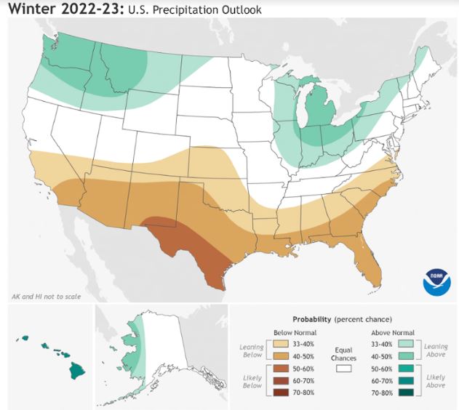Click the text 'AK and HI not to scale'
[x=46, y=297]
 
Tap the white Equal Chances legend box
[x=344, y=369]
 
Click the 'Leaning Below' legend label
[x=251, y=351]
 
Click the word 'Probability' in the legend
[x=312, y=319]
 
